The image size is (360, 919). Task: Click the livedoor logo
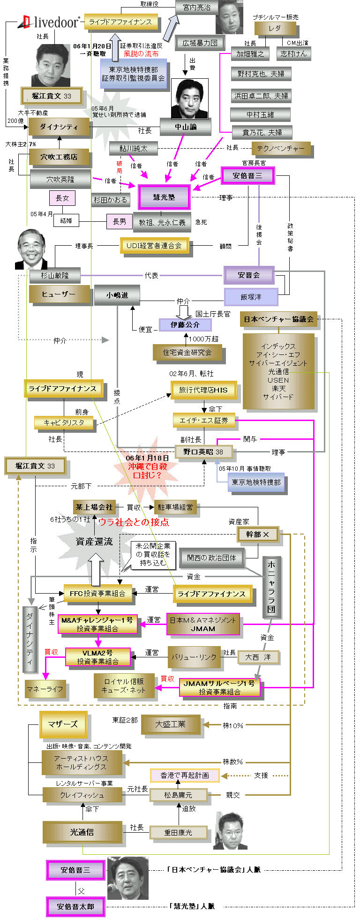[49, 22]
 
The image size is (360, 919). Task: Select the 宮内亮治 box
[197, 8]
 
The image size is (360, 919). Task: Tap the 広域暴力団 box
[200, 43]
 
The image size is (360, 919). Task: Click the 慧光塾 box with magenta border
[164, 197]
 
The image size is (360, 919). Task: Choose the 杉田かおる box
[110, 200]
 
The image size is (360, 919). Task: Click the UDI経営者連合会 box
[154, 245]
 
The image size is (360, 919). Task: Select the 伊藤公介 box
[185, 324]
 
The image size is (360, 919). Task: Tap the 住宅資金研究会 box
[187, 352]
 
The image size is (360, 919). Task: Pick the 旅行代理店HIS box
[203, 390]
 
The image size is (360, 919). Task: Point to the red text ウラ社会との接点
[134, 522]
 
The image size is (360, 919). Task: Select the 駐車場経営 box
[175, 507]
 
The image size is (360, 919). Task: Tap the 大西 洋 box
[258, 657]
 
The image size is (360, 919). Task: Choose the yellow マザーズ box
[63, 724]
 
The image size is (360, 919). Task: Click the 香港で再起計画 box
[185, 775]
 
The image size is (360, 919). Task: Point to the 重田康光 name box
[178, 832]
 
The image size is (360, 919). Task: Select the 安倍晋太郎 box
[75, 906]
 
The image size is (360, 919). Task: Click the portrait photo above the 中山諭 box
[189, 98]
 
